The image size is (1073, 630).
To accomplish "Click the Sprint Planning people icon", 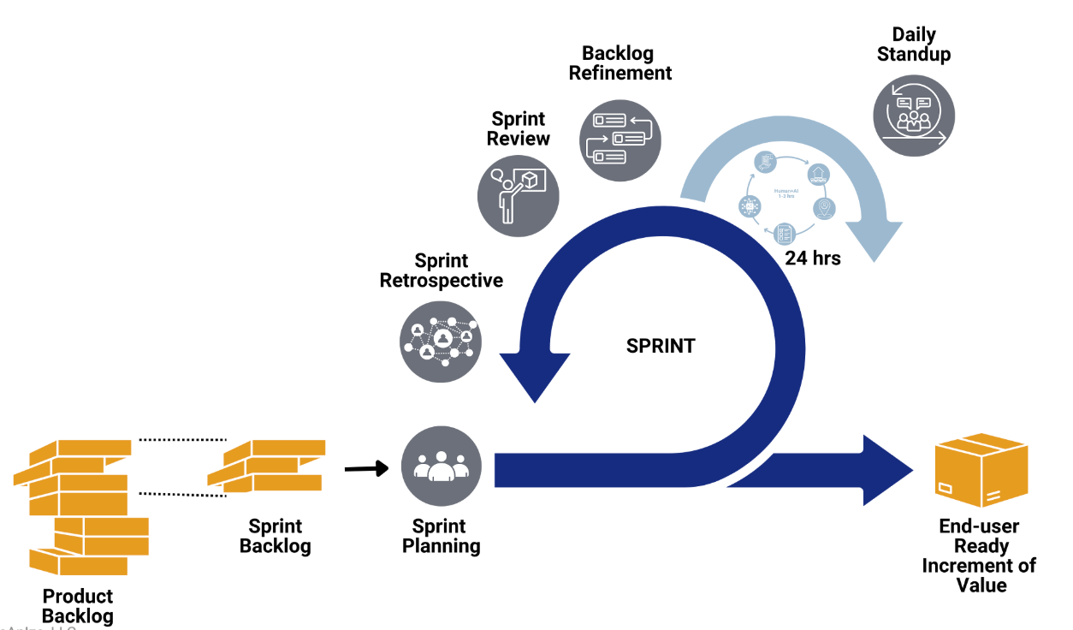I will (442, 467).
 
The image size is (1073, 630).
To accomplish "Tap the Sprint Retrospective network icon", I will (442, 342).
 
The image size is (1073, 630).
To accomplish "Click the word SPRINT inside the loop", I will (661, 347).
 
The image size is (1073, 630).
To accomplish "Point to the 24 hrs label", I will (813, 258).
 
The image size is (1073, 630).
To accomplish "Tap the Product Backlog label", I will (77, 606).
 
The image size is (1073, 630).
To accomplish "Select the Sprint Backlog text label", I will (275, 536).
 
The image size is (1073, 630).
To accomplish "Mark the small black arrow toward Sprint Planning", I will (366, 468).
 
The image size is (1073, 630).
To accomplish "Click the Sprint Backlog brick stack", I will (267, 466).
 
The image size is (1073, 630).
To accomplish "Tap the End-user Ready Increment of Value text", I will (979, 556).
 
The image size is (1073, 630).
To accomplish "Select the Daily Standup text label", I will (914, 45).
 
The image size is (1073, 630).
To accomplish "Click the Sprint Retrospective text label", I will (442, 270).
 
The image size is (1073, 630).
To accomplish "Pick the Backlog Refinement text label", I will (619, 63).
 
